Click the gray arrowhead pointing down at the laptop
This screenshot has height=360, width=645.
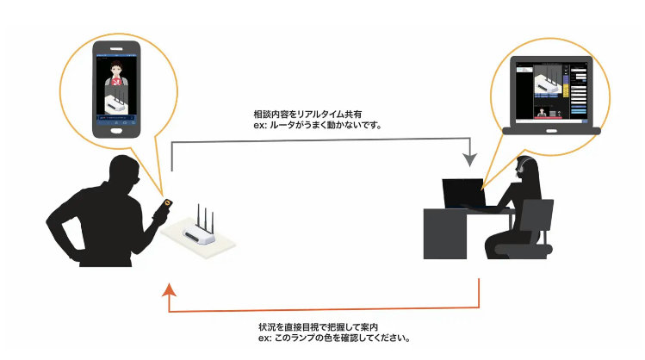(x=469, y=159)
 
